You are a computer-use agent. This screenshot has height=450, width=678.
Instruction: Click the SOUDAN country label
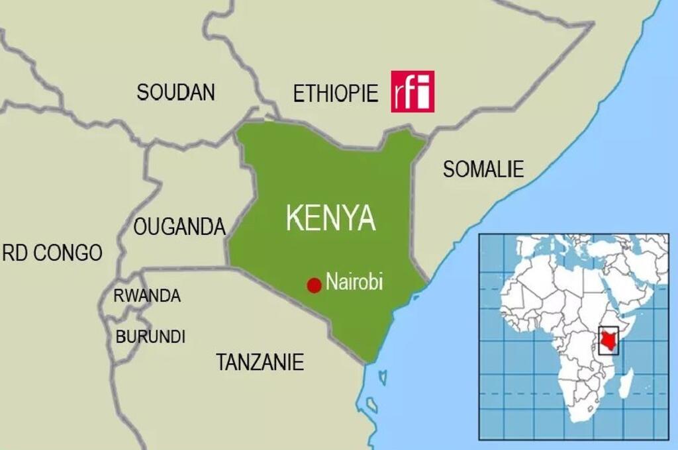(x=175, y=92)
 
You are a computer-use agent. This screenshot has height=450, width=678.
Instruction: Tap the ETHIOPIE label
(x=335, y=93)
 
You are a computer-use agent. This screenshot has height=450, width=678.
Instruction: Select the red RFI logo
(x=412, y=91)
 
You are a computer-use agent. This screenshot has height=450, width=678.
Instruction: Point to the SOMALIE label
(x=483, y=169)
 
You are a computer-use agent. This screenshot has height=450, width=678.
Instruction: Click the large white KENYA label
(x=330, y=218)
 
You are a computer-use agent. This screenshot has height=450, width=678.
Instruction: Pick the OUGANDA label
(x=179, y=227)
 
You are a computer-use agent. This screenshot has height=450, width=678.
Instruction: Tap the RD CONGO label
(x=52, y=252)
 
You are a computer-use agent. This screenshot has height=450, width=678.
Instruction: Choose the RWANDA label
(x=146, y=296)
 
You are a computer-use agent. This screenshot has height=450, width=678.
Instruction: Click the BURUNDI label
(x=150, y=336)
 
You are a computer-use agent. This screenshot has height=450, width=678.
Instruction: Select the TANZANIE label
(x=260, y=362)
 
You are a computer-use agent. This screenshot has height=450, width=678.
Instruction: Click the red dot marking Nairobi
(x=314, y=285)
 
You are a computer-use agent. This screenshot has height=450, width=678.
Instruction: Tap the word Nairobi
(x=354, y=281)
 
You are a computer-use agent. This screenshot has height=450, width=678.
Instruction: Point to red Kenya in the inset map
(x=607, y=341)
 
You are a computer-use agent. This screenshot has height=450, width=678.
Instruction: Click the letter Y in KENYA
(x=345, y=218)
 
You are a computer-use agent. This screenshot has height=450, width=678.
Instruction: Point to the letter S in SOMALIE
(x=449, y=169)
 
